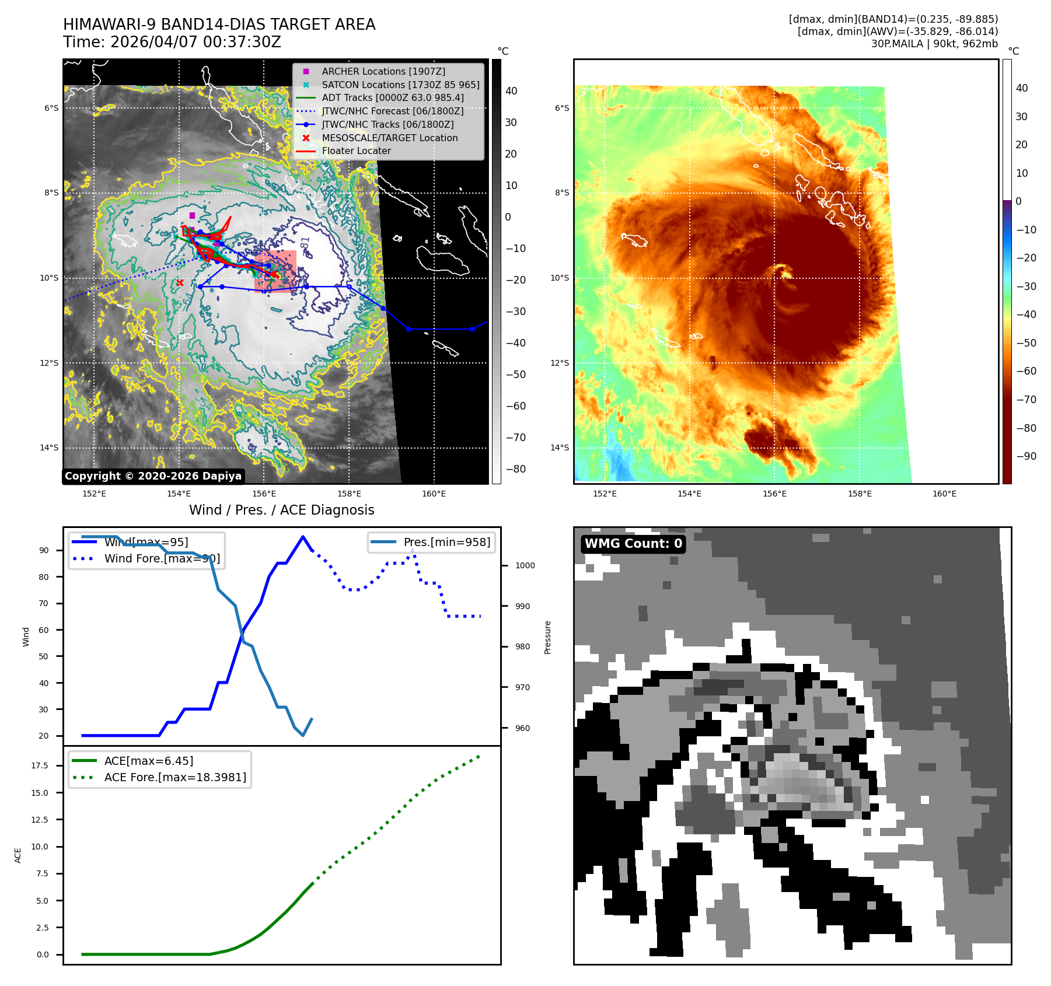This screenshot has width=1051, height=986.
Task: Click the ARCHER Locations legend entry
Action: (383, 71)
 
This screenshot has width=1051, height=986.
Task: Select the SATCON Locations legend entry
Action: (400, 85)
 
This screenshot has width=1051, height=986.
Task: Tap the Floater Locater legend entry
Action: (356, 151)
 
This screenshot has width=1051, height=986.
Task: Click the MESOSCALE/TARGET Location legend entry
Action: (389, 138)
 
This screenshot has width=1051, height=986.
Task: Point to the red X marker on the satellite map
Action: (180, 283)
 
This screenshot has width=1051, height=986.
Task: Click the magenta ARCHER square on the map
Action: (192, 216)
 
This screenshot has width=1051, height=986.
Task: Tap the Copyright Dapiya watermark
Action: (153, 476)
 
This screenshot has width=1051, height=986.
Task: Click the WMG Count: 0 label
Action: (633, 544)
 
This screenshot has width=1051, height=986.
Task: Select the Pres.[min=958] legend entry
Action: (446, 542)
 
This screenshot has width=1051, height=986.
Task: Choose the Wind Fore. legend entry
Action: (162, 558)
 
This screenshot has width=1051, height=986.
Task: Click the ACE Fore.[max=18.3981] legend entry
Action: (175, 777)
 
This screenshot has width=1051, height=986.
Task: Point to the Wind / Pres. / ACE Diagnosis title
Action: (282, 510)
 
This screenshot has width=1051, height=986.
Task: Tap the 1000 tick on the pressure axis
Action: (525, 565)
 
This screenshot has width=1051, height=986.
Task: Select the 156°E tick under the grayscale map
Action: (264, 494)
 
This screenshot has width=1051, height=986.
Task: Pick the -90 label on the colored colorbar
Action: (1026, 456)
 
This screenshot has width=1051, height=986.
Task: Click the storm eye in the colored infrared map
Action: (784, 272)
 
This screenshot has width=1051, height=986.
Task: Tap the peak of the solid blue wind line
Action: (302, 537)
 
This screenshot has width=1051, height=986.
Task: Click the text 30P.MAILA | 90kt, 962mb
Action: (934, 44)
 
